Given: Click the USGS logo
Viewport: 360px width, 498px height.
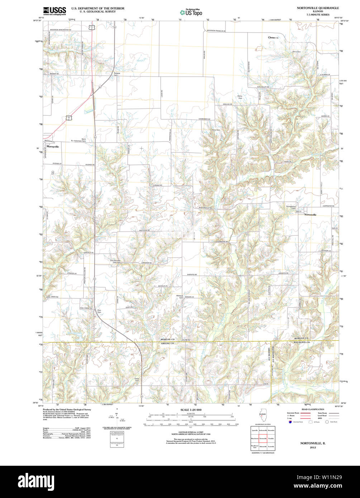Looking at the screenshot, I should coord(54,11).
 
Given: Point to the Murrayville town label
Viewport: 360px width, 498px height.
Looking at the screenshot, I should coord(52,147).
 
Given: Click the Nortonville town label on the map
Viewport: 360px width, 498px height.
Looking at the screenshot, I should coord(310,215).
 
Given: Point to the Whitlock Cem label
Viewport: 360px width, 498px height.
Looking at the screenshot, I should coord(180,297).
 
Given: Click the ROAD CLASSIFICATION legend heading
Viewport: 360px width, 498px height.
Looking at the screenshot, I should coord(313,409).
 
